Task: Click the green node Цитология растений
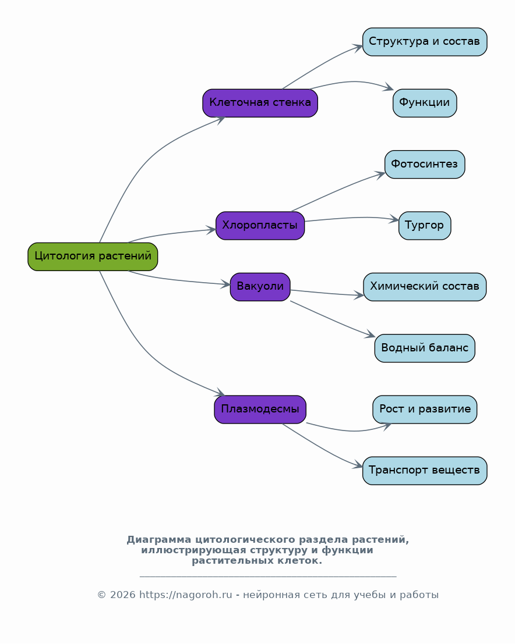[x=93, y=257]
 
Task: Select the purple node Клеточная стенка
[x=260, y=103]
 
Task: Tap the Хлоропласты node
[x=260, y=226]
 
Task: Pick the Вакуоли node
[x=260, y=287]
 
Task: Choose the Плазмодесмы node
[x=260, y=410]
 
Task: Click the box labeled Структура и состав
[x=425, y=42]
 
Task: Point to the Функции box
[x=425, y=103]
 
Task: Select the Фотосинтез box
[x=425, y=164]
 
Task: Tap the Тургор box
[x=425, y=226]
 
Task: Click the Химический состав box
[x=425, y=287]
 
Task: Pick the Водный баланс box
[x=425, y=348]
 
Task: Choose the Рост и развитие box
[x=425, y=410]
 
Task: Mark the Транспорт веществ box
[x=425, y=471]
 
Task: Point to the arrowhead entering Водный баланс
[x=371, y=335]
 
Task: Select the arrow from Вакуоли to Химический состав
[x=327, y=293]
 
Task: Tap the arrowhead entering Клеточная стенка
[x=220, y=119]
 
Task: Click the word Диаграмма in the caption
[x=159, y=540]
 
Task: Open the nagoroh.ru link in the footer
[x=185, y=595]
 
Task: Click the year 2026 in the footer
[x=122, y=595]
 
